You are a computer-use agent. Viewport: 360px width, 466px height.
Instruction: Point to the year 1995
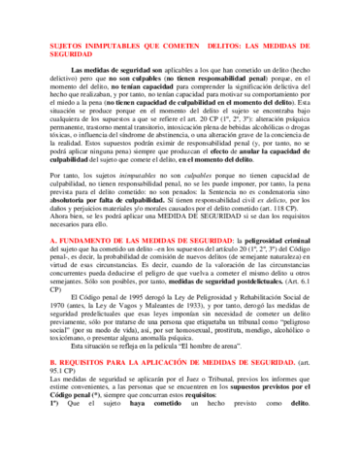tap(140, 295)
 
